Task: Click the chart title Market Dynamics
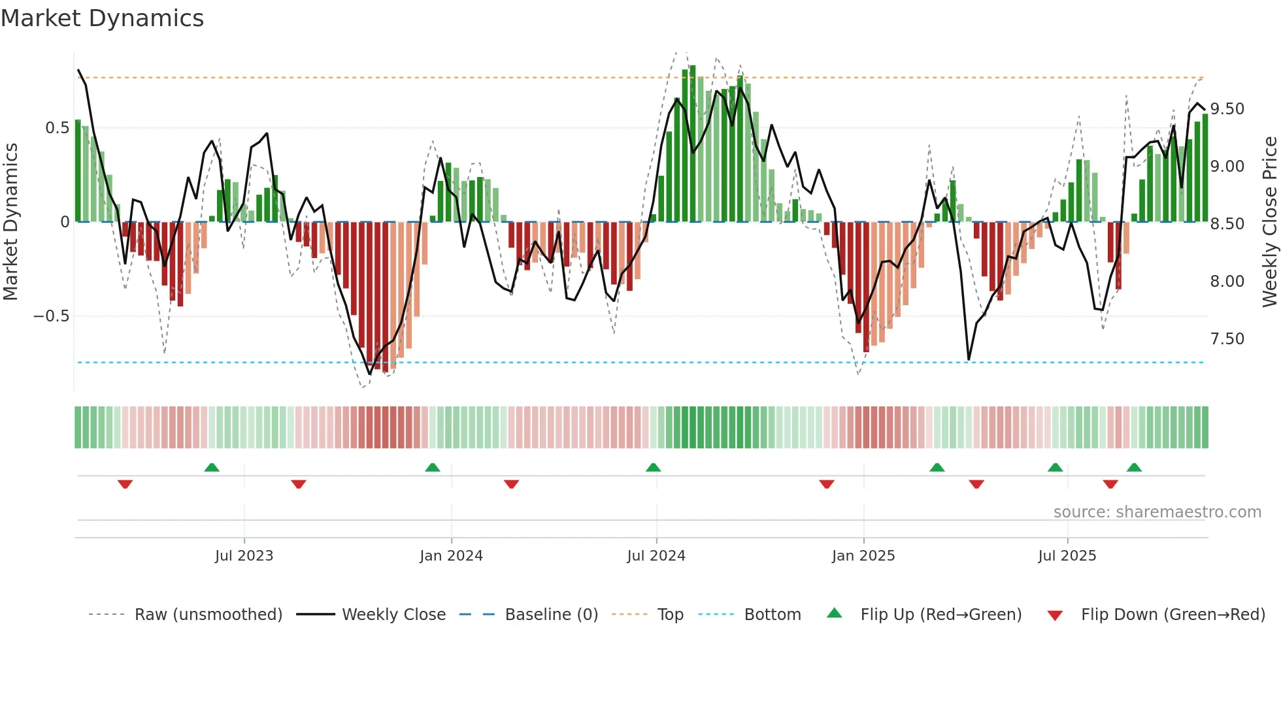tap(102, 18)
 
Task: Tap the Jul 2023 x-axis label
tap(244, 556)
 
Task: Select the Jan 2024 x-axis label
tap(451, 556)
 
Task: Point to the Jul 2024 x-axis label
tap(656, 556)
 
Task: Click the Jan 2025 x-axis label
tap(863, 556)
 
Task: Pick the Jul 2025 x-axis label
tap(1067, 556)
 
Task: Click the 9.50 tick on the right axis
tap(1227, 109)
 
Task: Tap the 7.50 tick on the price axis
tap(1227, 339)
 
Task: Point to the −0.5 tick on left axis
tap(51, 316)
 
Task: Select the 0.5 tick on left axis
tap(57, 128)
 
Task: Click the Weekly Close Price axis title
tap(1269, 222)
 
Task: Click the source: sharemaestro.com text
tap(1157, 512)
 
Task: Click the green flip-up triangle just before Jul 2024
tap(653, 467)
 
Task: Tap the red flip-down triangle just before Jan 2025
tap(826, 484)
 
